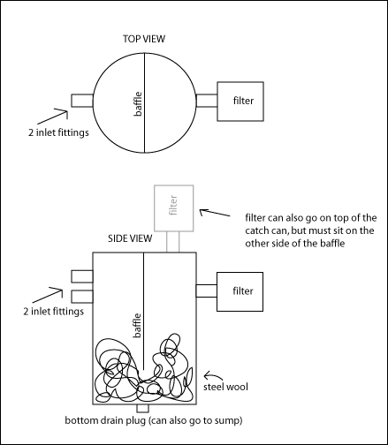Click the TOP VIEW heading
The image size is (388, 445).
[x=144, y=39]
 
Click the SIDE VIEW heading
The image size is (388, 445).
[x=130, y=238]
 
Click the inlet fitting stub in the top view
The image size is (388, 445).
[x=82, y=101]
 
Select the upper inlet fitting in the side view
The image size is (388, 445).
[x=82, y=276]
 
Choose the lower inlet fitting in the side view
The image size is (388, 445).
[x=82, y=297]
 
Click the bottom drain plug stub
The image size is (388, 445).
[x=143, y=409]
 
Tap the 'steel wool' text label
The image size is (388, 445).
[x=225, y=387]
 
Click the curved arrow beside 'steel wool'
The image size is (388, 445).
[x=213, y=375]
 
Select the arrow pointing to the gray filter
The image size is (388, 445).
[x=215, y=213]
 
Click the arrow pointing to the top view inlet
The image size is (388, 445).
[x=52, y=117]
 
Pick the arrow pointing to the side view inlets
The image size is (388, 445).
[x=48, y=295]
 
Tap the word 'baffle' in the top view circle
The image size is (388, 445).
[x=138, y=104]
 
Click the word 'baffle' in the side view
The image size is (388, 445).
[x=137, y=326]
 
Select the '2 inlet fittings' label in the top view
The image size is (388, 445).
[x=58, y=132]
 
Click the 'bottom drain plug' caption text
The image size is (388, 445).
[x=105, y=420]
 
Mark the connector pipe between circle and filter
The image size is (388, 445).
[x=207, y=101]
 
